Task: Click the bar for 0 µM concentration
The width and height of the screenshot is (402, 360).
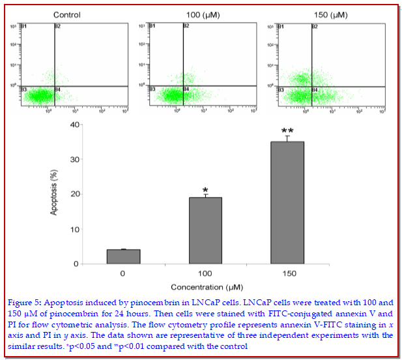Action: [123, 256]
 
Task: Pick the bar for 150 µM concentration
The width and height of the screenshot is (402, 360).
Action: [287, 202]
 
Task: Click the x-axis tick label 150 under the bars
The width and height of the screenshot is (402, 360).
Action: [287, 273]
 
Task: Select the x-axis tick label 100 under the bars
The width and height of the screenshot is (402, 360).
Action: [205, 273]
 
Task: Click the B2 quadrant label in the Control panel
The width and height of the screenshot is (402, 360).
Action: [57, 26]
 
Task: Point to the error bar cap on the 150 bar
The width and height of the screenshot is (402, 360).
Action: [287, 136]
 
